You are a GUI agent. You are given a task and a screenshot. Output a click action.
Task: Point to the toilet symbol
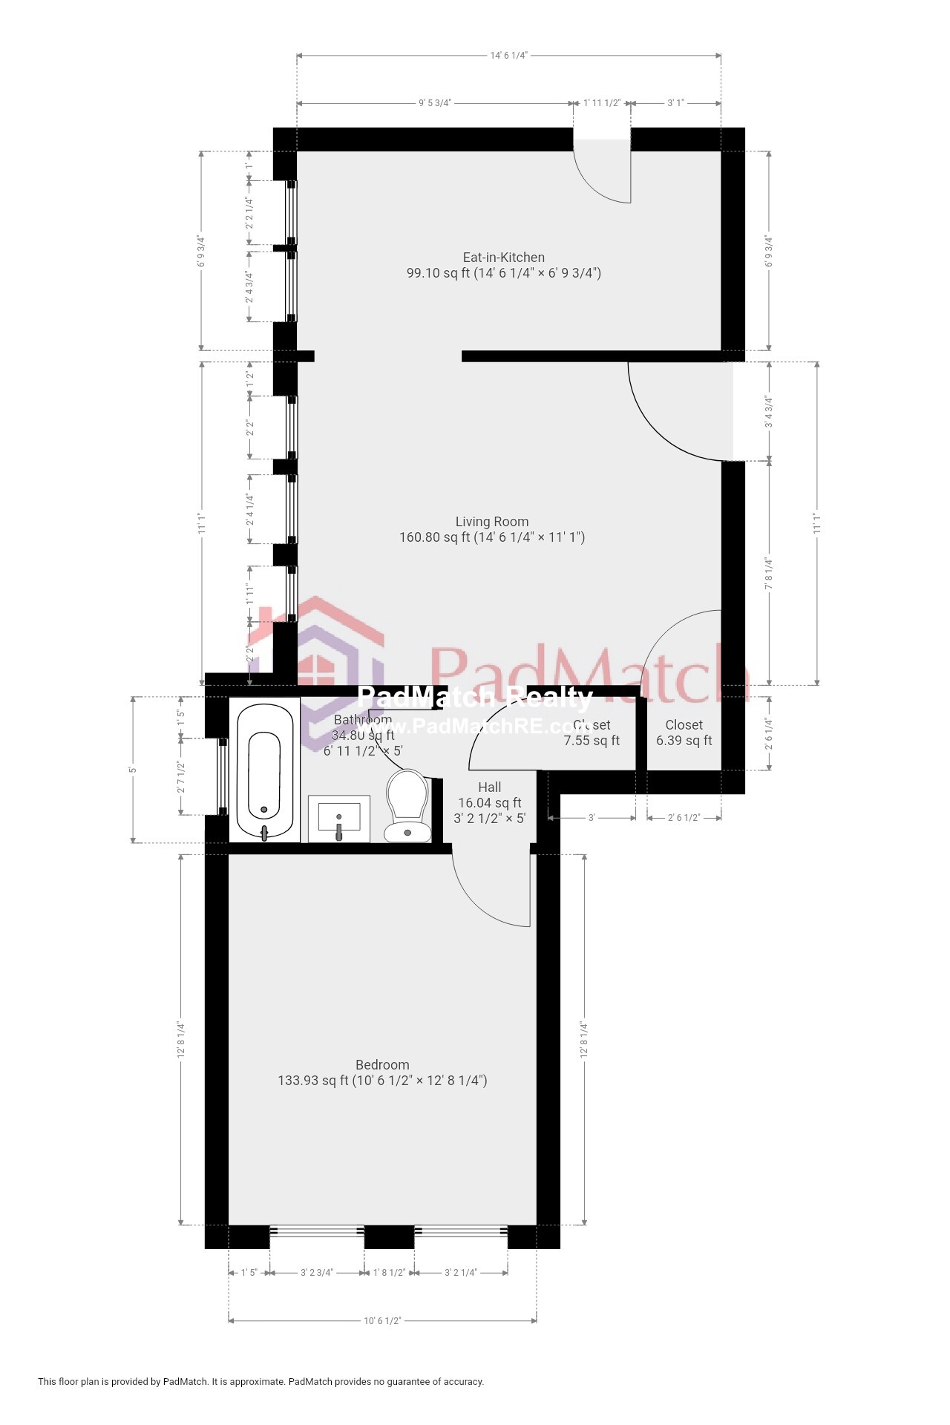point(407,806)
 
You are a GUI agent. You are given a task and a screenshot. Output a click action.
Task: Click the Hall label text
point(489,787)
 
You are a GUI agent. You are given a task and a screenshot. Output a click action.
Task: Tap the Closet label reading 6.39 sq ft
point(684,733)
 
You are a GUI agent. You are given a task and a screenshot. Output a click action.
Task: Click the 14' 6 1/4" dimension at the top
point(509,56)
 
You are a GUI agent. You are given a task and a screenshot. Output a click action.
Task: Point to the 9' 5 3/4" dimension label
point(435,103)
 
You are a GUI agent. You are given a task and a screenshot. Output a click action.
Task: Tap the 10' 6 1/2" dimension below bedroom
point(382,1320)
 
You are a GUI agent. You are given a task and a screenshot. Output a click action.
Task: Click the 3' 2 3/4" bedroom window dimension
point(317,1272)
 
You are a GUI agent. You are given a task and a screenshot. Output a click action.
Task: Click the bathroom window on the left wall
point(222,776)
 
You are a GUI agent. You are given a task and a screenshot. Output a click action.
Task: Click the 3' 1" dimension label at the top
point(675,103)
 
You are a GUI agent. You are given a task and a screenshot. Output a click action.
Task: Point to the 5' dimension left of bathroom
point(133,770)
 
